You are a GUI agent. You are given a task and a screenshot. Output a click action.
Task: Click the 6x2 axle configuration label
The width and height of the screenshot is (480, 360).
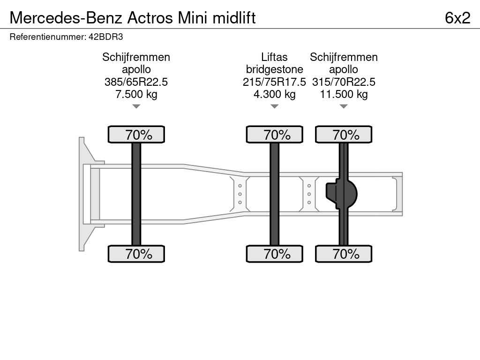coord(457,18)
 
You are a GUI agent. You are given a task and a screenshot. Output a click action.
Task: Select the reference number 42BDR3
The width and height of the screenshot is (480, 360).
coord(105,37)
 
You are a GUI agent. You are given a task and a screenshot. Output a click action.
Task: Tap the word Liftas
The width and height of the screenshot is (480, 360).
coord(274,57)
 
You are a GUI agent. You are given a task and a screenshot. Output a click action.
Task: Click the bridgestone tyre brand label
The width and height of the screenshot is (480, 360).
coord(274,69)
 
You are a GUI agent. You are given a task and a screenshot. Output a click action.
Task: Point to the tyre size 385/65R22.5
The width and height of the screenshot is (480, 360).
coord(136,82)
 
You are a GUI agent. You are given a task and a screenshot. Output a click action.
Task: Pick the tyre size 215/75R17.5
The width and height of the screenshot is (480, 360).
coord(274,82)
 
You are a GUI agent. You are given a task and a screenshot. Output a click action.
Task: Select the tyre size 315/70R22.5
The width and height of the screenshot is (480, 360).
coord(344,82)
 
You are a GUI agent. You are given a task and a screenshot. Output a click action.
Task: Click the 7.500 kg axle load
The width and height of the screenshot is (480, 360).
coord(136,94)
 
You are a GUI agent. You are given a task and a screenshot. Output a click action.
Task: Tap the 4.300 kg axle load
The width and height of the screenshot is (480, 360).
coord(274,94)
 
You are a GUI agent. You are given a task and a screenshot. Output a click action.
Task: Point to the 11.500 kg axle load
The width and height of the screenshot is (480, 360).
coord(344,94)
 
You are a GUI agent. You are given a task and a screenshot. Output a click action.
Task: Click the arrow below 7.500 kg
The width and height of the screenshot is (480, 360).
coord(136,106)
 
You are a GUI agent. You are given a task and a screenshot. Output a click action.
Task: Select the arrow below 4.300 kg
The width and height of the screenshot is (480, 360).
coord(274,106)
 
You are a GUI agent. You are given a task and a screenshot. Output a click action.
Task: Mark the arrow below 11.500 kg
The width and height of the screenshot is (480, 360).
coord(344,106)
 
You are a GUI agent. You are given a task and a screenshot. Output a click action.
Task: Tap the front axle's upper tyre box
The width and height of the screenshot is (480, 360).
coord(136,135)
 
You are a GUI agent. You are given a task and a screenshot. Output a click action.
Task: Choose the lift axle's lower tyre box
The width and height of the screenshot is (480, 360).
coord(274,254)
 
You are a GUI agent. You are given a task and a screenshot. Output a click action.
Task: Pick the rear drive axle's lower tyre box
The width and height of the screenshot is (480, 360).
coord(344,254)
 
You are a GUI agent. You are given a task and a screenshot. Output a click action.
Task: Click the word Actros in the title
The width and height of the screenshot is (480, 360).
coord(150,18)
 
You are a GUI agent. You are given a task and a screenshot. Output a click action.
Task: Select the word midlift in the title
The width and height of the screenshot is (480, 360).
coord(234,18)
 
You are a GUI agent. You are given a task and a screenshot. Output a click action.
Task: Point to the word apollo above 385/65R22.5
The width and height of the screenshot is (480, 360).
coord(136,69)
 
